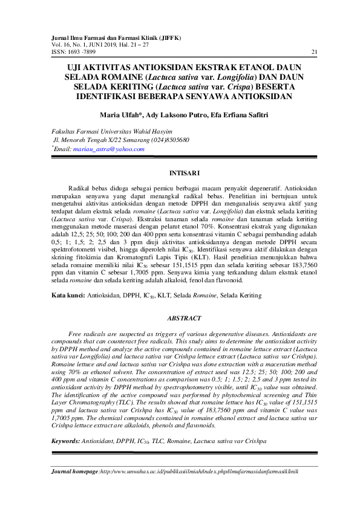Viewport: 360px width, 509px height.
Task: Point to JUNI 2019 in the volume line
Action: pos(107,44)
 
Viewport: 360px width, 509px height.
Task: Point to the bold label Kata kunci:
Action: pos(67,296)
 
